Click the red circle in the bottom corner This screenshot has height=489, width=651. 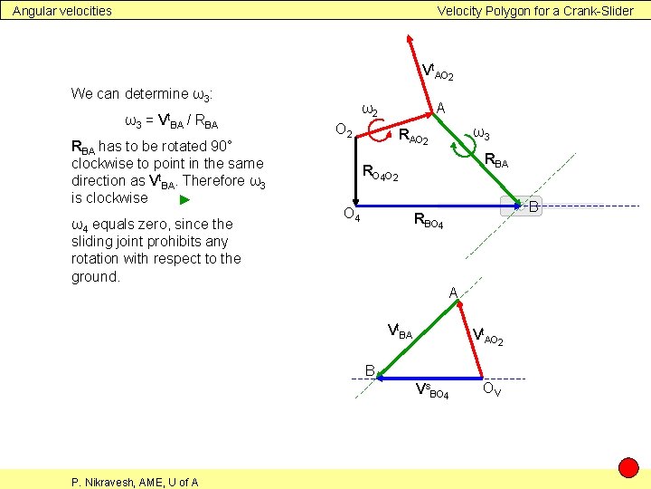pyautogui.click(x=628, y=468)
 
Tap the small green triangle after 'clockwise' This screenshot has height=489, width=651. pyautogui.click(x=184, y=199)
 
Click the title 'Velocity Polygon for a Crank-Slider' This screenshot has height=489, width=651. pyautogui.click(x=535, y=11)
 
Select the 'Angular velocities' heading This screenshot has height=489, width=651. pyautogui.click(x=62, y=11)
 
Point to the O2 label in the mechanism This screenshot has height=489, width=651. pyautogui.click(x=344, y=130)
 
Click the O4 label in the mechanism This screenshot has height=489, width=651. pyautogui.click(x=352, y=215)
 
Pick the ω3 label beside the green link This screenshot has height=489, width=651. pyautogui.click(x=482, y=135)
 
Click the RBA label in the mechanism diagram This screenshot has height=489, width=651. pyautogui.click(x=496, y=162)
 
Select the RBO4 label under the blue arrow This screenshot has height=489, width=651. pyautogui.click(x=429, y=220)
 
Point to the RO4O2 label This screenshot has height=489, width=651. pyautogui.click(x=380, y=172)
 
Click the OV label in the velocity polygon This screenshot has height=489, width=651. pyautogui.click(x=493, y=390)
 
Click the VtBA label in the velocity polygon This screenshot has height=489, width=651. pyautogui.click(x=399, y=332)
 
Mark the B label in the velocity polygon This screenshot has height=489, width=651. pyautogui.click(x=370, y=369)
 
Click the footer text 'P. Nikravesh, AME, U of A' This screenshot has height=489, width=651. pyautogui.click(x=135, y=482)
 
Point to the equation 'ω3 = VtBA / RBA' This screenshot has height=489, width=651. pyautogui.click(x=170, y=121)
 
